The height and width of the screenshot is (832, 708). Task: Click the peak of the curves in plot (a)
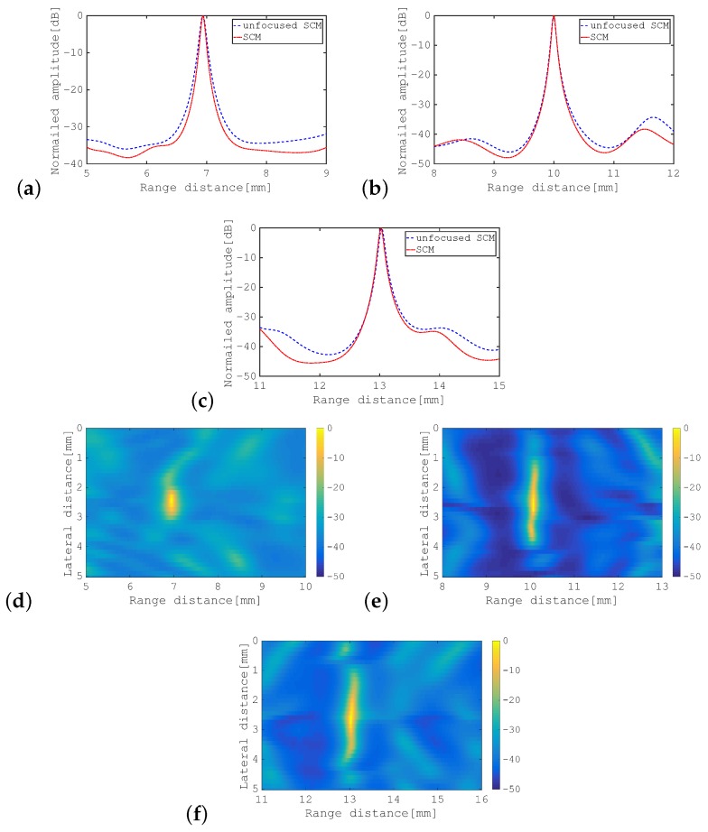[x=204, y=16]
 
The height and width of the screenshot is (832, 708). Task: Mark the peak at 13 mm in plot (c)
[x=381, y=228]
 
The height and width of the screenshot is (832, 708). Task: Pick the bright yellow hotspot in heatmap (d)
[x=171, y=501]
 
